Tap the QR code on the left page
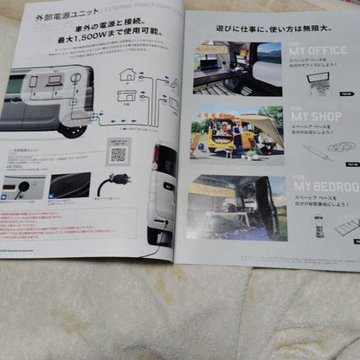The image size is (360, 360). [118, 154]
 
